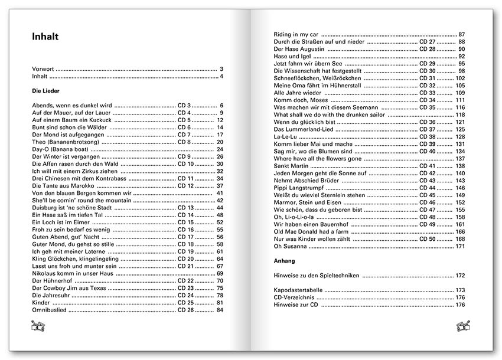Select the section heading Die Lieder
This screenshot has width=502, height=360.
point(48,91)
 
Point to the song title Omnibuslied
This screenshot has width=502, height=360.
point(50,309)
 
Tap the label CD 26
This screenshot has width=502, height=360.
point(186,309)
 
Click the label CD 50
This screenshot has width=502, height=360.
point(428,238)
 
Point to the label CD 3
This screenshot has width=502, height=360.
point(184,106)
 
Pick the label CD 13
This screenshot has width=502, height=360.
point(186,208)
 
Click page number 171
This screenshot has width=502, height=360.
point(461,246)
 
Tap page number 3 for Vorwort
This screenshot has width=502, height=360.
point(221,69)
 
